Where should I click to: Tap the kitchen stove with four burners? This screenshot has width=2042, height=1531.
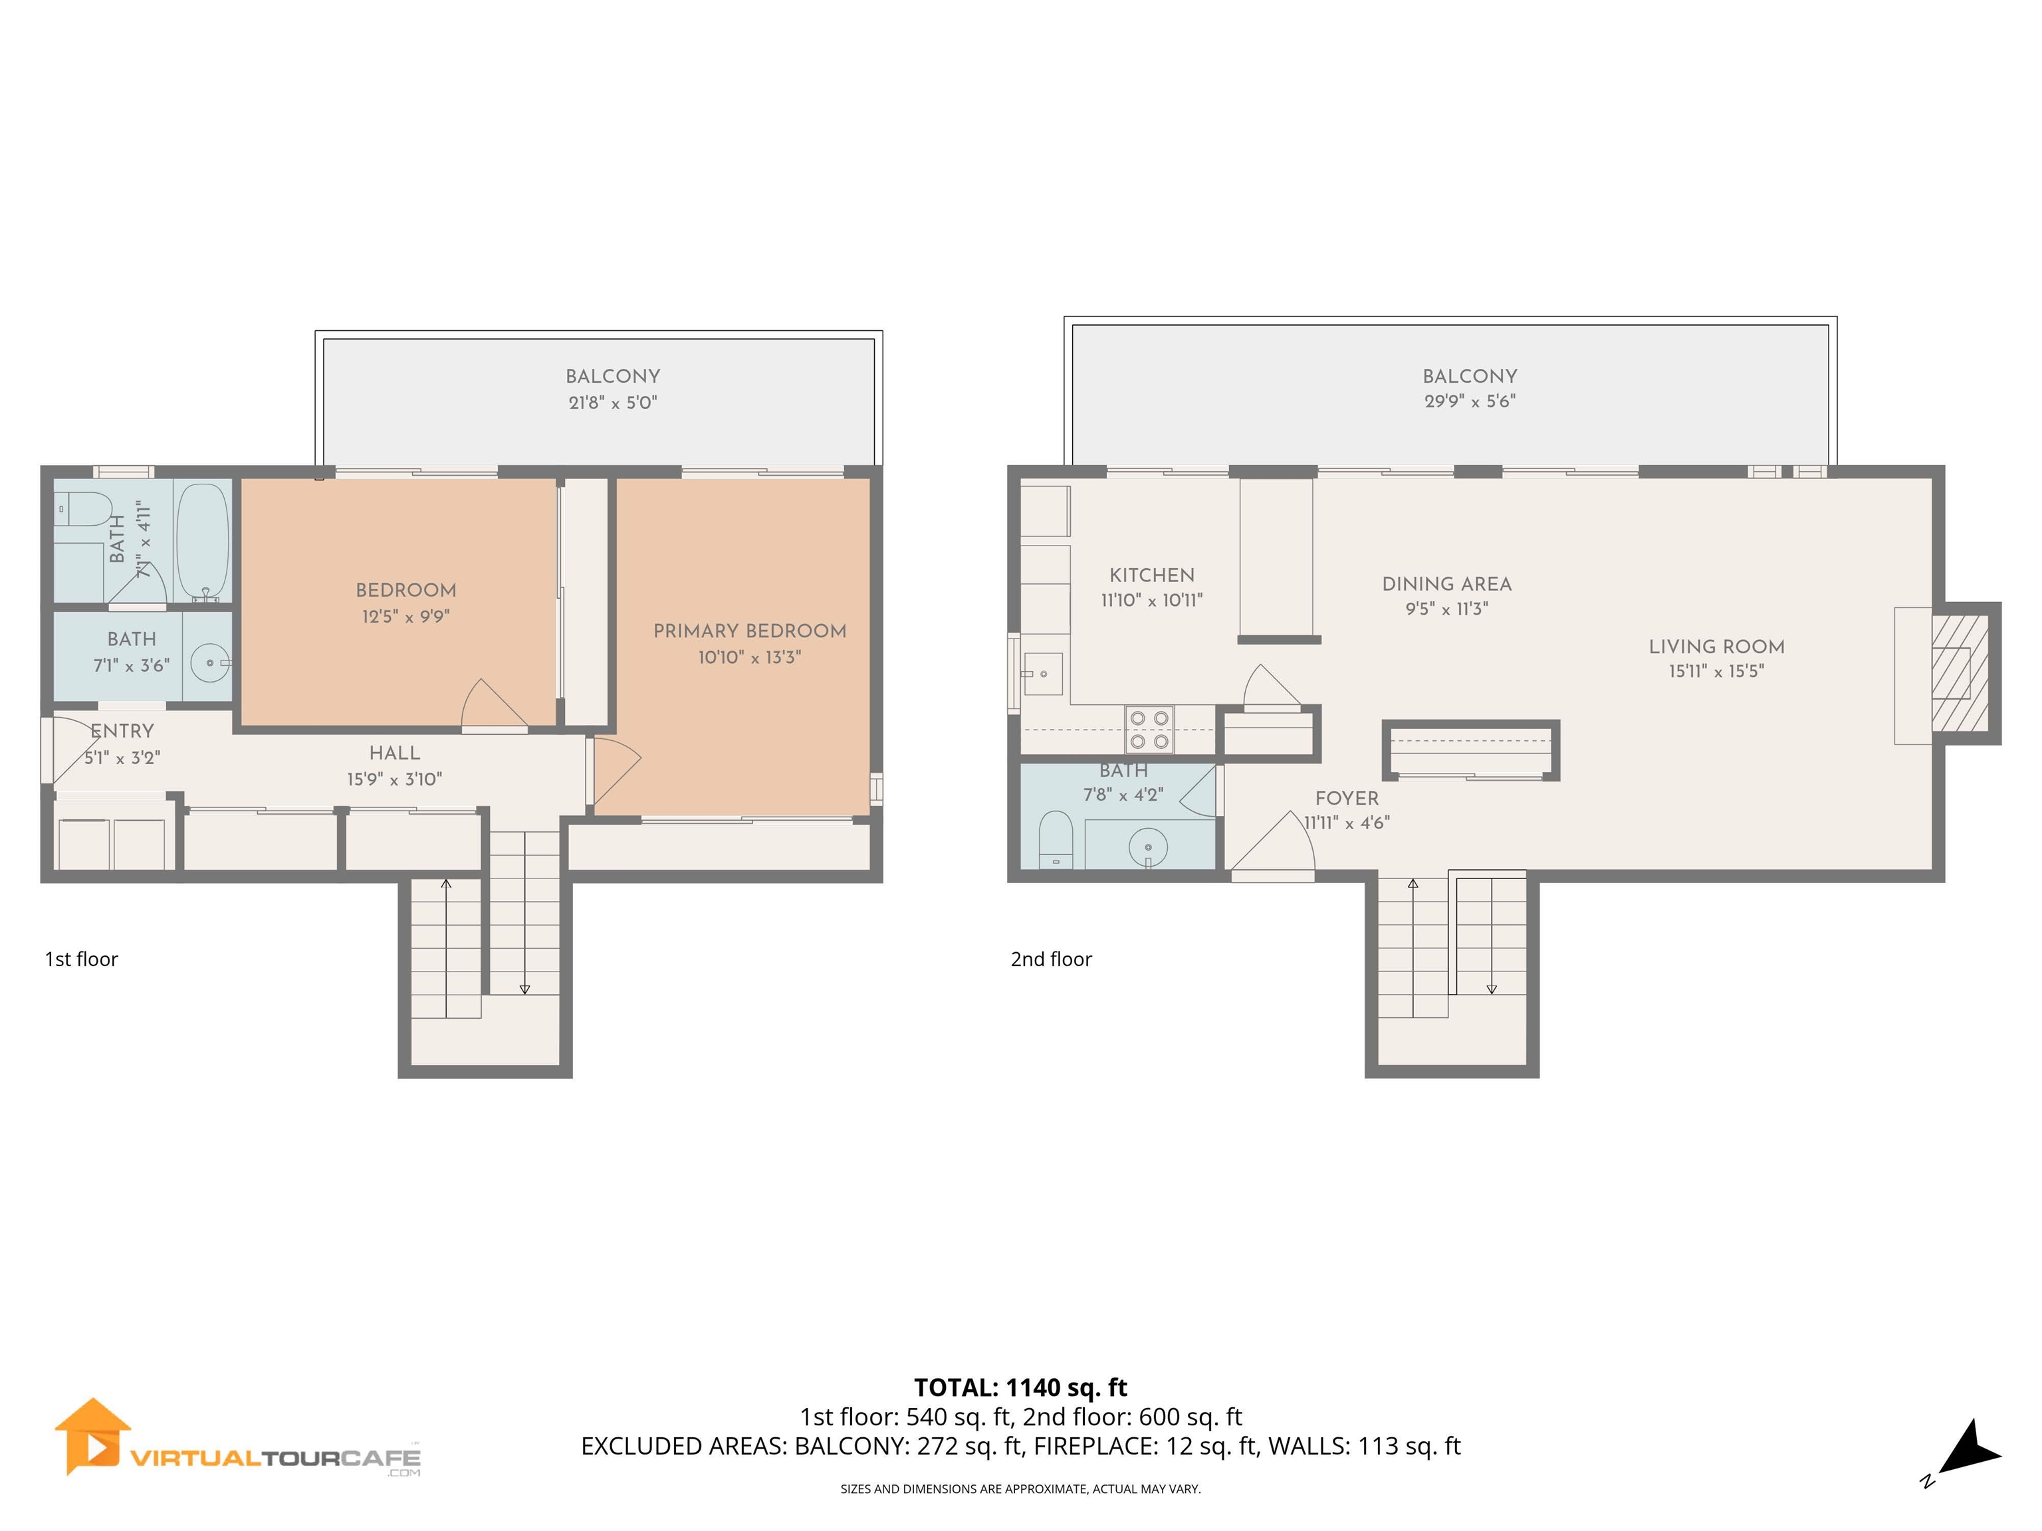click(1149, 729)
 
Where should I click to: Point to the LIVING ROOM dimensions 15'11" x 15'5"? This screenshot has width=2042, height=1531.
click(1716, 672)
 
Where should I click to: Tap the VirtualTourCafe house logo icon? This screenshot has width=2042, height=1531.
click(92, 1436)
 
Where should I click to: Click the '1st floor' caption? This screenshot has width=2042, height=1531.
click(81, 959)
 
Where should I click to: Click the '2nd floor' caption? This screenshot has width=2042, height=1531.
click(1050, 959)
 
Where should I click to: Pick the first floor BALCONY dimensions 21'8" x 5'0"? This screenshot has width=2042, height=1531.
click(613, 403)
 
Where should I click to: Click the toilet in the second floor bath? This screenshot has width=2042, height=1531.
click(1054, 838)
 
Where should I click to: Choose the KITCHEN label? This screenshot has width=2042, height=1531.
click(1151, 575)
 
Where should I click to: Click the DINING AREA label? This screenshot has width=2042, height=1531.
click(1446, 584)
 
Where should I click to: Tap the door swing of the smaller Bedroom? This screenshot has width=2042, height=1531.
click(490, 705)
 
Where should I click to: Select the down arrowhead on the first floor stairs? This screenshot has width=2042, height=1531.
click(524, 989)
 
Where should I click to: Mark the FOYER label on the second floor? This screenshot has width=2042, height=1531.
click(1346, 798)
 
